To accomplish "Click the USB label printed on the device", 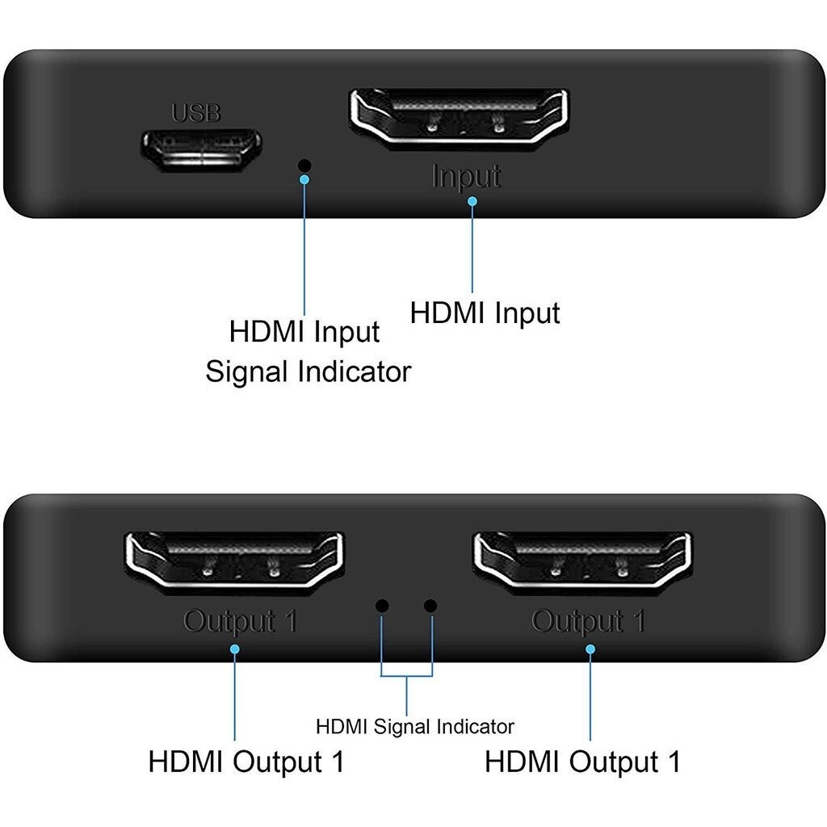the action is (195, 113).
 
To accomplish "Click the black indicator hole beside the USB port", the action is (304, 165).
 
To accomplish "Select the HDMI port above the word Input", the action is (459, 116).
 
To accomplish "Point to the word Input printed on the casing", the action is (466, 176).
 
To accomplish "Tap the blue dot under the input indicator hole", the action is (304, 179).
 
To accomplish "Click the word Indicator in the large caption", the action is (355, 372).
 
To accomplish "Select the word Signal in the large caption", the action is (246, 372).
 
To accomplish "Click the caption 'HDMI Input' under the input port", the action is (485, 313).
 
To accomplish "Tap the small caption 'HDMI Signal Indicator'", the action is (414, 726).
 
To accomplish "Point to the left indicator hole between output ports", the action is (383, 605).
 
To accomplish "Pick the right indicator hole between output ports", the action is (430, 605).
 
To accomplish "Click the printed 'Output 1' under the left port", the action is (240, 622).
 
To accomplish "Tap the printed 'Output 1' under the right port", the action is (588, 622).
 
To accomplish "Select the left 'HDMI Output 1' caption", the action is (246, 762).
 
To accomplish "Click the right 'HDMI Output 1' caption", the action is (582, 762).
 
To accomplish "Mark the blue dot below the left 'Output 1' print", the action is (235, 647).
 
